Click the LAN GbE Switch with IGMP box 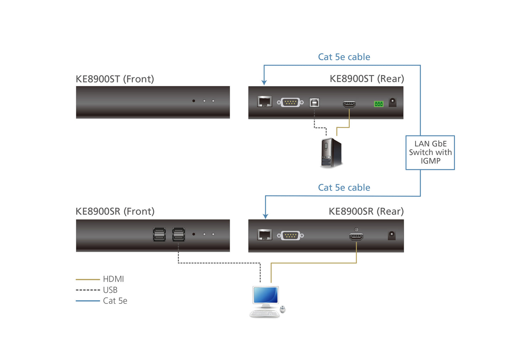coord(430,153)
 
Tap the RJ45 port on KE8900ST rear coord(264,102)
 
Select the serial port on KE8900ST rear coord(290,102)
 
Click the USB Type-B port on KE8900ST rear coord(314,103)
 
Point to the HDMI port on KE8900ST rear coord(349,104)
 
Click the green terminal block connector coord(378,104)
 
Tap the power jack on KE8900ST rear coord(392,102)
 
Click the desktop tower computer coord(331,153)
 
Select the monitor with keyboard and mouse coord(267,301)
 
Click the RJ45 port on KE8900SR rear coord(264,235)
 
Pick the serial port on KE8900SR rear coord(290,235)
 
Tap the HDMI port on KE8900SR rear coord(356,237)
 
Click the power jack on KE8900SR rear coord(391,235)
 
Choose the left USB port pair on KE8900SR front coord(159,235)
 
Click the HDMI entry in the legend coord(113,279)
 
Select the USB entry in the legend coord(110,290)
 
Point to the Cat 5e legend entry coord(115,301)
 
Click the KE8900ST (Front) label coord(115,79)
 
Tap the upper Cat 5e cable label coord(344,57)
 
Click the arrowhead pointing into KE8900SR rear coord(265,216)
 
